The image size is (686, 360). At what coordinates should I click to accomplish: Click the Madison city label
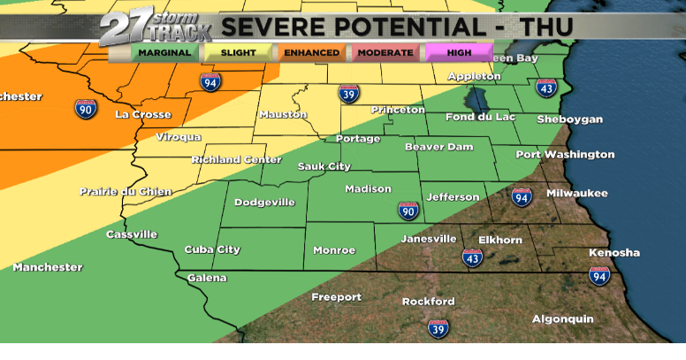click(368, 189)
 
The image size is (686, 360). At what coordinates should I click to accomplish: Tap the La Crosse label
click(141, 115)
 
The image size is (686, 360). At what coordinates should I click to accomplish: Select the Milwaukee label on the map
click(575, 193)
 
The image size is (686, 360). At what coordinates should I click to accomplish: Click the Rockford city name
click(428, 302)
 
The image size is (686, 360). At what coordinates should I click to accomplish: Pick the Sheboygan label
click(569, 119)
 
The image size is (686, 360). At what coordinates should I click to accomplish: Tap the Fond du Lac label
click(475, 118)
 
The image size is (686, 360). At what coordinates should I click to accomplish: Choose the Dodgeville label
click(264, 203)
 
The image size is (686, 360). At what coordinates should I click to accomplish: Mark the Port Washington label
click(565, 155)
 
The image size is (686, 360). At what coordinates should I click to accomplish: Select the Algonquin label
click(562, 319)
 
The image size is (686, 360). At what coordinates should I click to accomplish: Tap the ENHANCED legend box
click(311, 52)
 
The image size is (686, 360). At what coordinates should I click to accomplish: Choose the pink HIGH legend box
click(458, 52)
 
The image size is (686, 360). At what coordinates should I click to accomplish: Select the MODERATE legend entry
click(386, 52)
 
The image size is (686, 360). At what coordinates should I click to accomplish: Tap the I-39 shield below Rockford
click(438, 328)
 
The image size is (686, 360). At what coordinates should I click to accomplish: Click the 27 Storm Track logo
click(156, 28)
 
